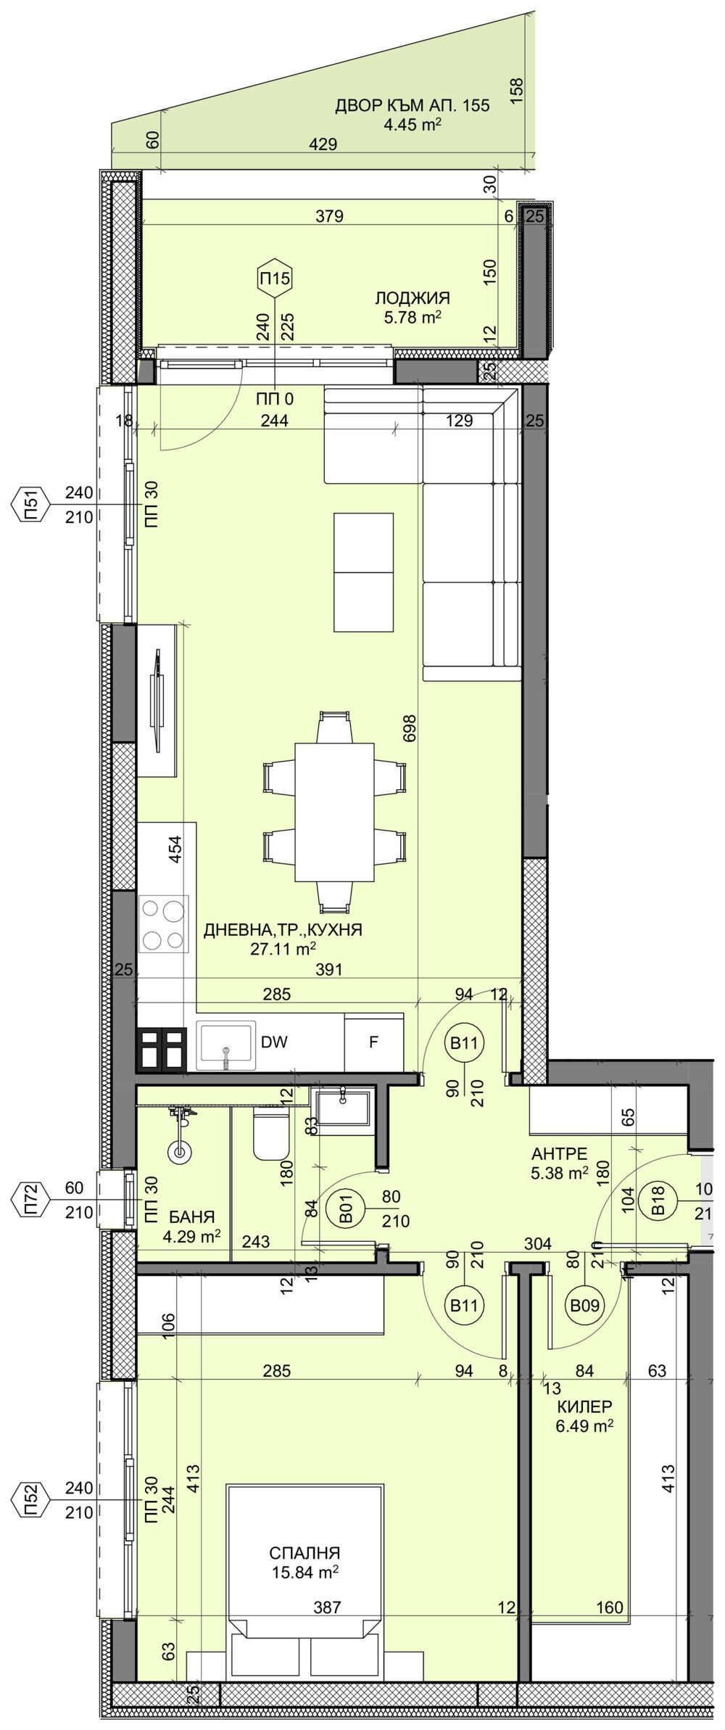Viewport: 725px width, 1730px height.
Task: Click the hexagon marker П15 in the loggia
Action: pos(275,277)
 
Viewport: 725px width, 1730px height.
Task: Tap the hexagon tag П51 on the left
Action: pos(30,505)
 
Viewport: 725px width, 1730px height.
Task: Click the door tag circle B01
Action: pos(348,1211)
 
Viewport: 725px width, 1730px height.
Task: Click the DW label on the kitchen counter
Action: pos(274,1042)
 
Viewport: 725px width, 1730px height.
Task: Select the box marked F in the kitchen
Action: pos(373,1042)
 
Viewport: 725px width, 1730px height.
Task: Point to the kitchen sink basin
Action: pos(225,1045)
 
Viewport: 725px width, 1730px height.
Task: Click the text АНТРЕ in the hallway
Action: pos(558,1154)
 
